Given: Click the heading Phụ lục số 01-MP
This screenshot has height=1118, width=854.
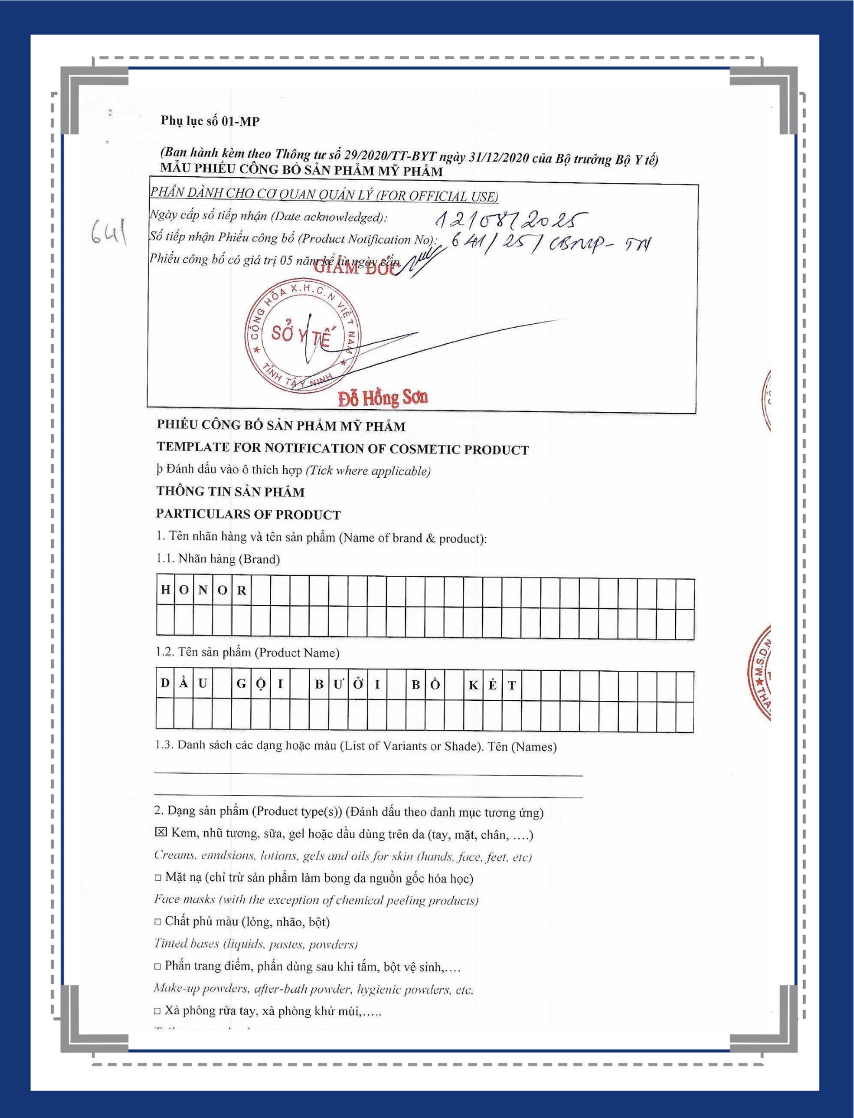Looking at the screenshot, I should point(210,121).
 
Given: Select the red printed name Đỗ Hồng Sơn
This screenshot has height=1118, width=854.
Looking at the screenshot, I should point(383,398).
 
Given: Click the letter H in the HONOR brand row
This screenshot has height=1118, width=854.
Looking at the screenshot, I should point(165,590).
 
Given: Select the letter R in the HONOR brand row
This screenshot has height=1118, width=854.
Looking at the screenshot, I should point(241,590).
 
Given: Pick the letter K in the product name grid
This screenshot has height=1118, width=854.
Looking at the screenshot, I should point(473,685).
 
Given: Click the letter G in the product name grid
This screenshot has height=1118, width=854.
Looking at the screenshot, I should point(241,684).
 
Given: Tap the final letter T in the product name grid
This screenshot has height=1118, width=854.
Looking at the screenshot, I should point(511,685).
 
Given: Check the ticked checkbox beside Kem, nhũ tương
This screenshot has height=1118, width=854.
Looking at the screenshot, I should point(160,832).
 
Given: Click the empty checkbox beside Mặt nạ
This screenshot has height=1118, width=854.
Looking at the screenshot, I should point(158,878).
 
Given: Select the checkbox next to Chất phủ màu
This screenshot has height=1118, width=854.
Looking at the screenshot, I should point(158,921).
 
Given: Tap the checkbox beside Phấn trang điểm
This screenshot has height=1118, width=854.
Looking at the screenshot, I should point(158,966).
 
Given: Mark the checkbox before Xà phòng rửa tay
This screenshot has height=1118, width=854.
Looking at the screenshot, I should point(158,1011).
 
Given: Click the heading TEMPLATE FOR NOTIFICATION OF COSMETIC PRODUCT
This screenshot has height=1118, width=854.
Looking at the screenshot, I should point(343,448).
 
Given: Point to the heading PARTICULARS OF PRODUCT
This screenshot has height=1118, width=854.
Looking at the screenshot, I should point(248,514).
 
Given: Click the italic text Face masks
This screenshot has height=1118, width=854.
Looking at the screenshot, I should point(184,899).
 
